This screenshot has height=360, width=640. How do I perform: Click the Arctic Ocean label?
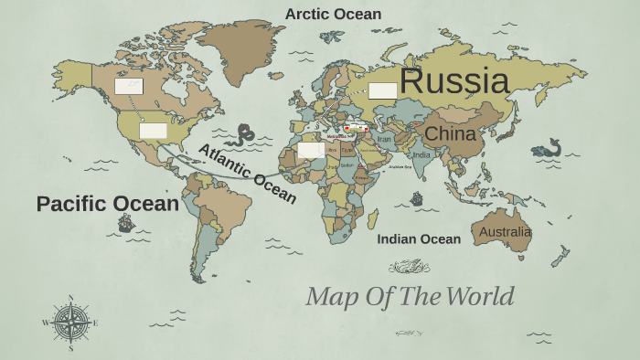click(333, 14)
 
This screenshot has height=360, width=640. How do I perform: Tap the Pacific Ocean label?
click(107, 204)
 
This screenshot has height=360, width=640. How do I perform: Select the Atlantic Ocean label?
click(247, 174)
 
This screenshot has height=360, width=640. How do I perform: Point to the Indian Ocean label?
click(419, 239)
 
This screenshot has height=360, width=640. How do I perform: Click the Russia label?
click(453, 80)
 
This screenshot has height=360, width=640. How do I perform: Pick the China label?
click(450, 134)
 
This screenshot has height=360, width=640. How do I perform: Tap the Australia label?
click(505, 232)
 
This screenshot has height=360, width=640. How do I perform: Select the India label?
click(421, 155)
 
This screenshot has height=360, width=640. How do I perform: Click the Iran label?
click(384, 139)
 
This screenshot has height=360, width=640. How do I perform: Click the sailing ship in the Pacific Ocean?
click(126, 222)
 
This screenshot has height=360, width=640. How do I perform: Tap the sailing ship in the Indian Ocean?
click(417, 198)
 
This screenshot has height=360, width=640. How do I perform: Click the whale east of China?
click(546, 148)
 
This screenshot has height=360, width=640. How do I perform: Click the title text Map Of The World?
click(410, 296)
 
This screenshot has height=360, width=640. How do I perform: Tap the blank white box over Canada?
click(128, 87)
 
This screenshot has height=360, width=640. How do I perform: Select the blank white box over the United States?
click(153, 131)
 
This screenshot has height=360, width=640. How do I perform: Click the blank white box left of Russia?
click(383, 90)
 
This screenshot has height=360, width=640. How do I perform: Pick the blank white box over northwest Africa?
click(311, 150)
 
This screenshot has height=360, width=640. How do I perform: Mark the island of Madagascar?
click(373, 219)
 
